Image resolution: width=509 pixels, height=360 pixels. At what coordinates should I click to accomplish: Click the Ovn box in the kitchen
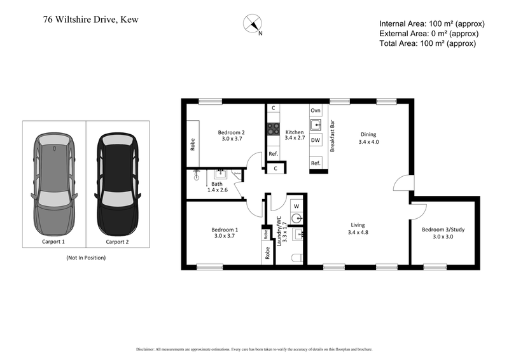[x=316, y=110]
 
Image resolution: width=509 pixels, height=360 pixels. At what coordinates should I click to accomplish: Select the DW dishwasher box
[x=316, y=139]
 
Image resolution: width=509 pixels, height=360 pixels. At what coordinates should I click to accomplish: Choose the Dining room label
[x=368, y=138]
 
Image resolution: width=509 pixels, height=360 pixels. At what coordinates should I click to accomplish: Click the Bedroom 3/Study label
[x=442, y=233]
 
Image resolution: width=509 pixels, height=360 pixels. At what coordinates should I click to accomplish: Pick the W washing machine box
[x=296, y=206]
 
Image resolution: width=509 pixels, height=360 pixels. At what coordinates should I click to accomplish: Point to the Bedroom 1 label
[x=224, y=233]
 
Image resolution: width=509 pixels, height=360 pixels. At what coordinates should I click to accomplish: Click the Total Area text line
[x=427, y=43]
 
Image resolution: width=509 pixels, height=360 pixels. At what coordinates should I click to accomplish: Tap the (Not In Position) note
[x=86, y=258]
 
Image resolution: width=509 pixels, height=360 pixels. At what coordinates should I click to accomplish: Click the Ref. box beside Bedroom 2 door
[x=273, y=154]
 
